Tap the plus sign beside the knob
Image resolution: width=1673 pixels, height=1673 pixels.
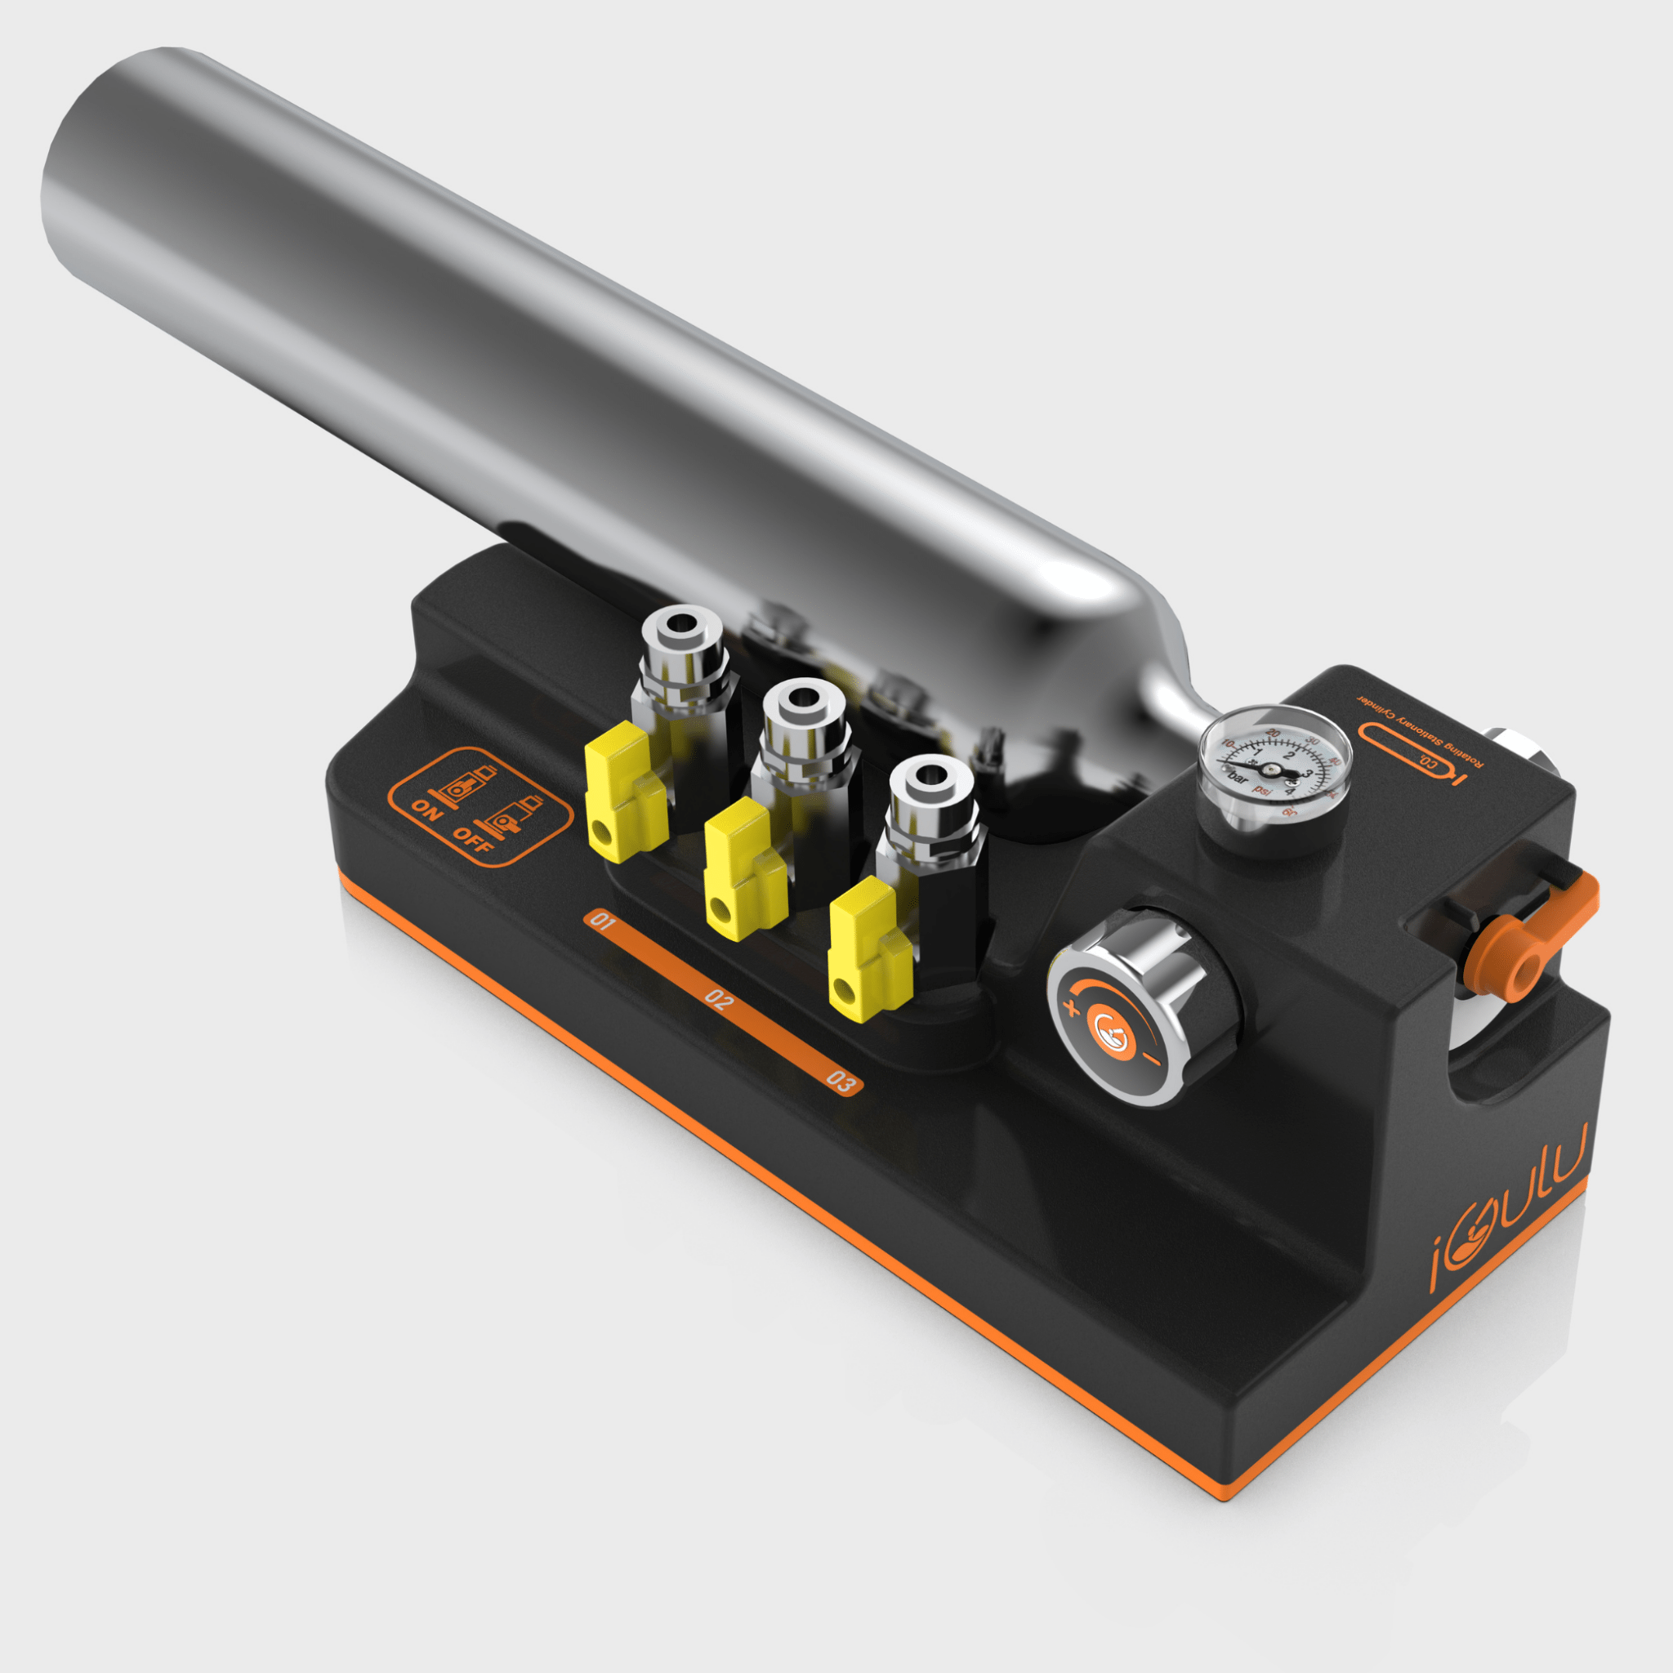[1073, 1007]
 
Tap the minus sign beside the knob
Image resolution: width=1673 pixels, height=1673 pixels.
[1152, 1059]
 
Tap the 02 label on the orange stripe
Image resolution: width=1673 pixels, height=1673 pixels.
[719, 999]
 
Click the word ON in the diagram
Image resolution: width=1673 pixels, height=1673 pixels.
[426, 810]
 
